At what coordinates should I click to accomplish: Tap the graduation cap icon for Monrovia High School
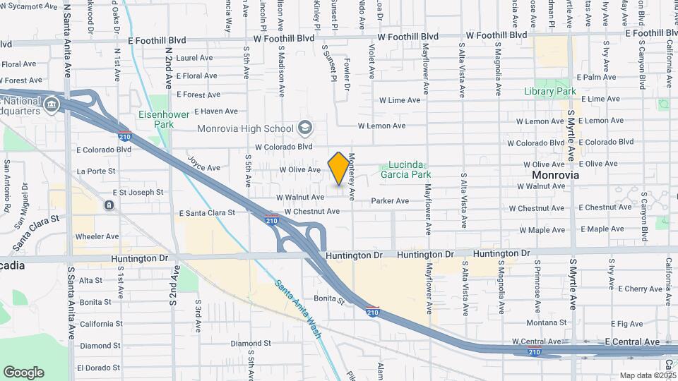(x=305, y=128)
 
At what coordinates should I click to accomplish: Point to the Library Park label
(x=550, y=91)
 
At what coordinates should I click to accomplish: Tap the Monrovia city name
(x=555, y=174)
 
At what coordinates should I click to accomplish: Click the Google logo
(x=23, y=372)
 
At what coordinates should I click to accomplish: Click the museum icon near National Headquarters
(x=51, y=106)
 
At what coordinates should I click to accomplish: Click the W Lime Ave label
(x=400, y=101)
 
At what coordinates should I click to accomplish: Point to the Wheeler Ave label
(x=97, y=236)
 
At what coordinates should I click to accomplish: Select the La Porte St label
(x=96, y=171)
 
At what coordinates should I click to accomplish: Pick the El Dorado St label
(x=98, y=368)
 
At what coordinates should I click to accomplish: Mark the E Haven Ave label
(x=216, y=111)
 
